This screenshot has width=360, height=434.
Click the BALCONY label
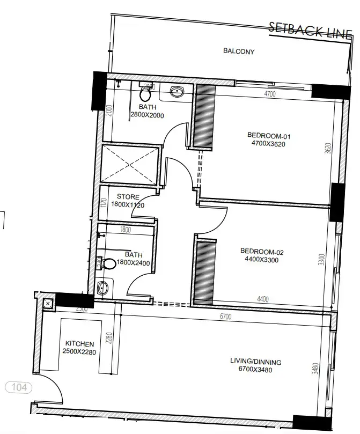tap(238, 52)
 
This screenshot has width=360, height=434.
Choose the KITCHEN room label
tap(79, 348)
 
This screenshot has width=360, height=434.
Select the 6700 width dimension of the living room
tap(225, 317)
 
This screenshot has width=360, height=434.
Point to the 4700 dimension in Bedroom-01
tap(269, 94)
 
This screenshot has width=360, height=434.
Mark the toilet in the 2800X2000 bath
tap(144, 94)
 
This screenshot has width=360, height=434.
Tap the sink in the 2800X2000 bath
tap(178, 91)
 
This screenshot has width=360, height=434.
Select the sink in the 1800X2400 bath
tap(103, 289)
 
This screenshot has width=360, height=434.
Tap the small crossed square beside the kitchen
tap(48, 304)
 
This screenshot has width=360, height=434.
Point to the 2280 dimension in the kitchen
tap(108, 339)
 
